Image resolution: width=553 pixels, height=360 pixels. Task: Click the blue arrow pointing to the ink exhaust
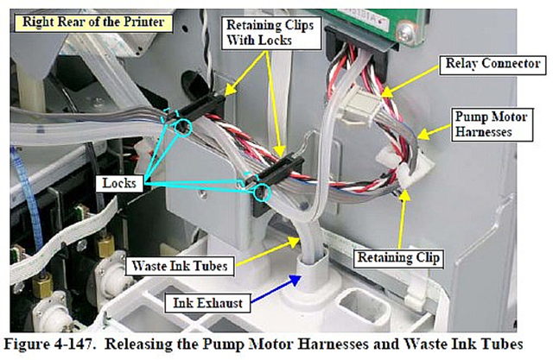(x=275, y=289)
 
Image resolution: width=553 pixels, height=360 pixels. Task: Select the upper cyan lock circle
(x=182, y=127)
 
